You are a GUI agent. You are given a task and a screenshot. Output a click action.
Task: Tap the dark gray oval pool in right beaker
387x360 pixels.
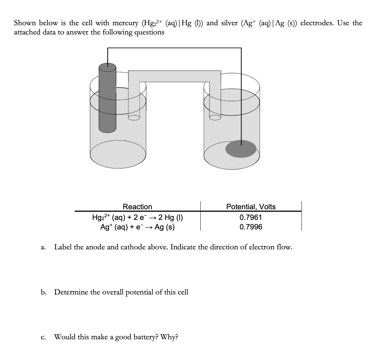[241, 148]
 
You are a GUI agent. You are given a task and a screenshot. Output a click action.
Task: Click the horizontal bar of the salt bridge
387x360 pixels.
[174, 76]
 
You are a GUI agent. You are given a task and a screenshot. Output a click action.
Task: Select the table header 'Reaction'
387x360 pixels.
[137, 207]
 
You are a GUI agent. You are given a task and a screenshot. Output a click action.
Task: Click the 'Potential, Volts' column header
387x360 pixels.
[251, 207]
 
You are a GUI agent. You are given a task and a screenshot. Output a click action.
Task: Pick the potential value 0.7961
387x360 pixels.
[251, 217]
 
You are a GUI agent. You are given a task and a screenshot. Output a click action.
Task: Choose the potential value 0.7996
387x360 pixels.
[251, 227]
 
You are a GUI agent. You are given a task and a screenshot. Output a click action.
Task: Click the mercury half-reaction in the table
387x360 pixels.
[137, 217]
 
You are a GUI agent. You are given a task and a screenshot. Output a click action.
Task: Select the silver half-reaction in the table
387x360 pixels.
[137, 227]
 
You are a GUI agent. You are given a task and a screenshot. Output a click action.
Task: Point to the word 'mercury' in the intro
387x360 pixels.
[125, 23]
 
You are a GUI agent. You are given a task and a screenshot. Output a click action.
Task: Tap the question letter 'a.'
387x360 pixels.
[43, 247]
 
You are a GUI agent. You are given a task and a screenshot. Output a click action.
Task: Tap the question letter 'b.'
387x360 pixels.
[43, 292]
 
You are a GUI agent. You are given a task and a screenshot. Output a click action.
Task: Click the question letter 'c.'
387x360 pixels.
[43, 337]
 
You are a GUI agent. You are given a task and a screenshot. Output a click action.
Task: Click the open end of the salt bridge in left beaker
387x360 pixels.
[134, 117]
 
